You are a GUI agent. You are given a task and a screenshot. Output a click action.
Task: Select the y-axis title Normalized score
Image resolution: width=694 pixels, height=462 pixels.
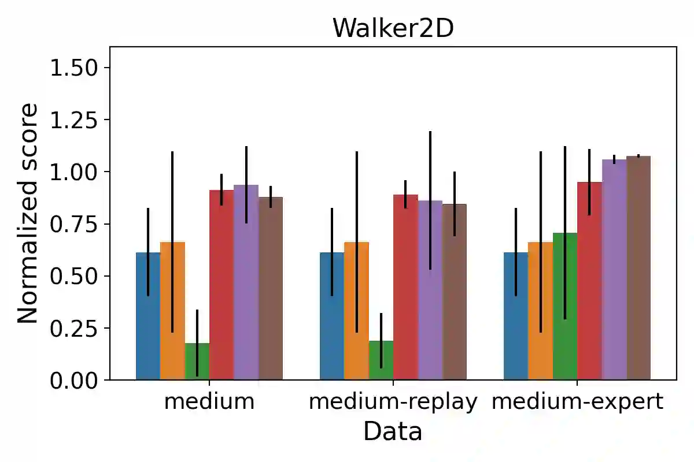[28, 214]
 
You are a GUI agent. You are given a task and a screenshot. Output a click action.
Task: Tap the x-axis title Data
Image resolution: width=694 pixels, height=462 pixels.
[393, 431]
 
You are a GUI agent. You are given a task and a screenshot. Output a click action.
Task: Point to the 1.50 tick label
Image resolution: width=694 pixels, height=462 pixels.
[73, 68]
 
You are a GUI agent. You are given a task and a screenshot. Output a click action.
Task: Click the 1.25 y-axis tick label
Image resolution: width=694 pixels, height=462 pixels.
[73, 120]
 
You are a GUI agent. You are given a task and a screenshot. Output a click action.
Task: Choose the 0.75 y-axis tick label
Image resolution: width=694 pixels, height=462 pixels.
[73, 224]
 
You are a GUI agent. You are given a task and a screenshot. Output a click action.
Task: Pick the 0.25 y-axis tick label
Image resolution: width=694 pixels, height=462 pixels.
[73, 328]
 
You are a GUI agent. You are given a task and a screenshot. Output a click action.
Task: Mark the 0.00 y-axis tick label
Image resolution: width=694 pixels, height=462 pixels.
[73, 380]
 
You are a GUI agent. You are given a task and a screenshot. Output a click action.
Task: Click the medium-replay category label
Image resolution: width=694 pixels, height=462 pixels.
[393, 401]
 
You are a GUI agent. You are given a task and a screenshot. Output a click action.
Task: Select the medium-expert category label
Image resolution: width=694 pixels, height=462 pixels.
[577, 401]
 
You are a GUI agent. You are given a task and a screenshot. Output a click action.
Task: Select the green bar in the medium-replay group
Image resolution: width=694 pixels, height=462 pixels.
[381, 361]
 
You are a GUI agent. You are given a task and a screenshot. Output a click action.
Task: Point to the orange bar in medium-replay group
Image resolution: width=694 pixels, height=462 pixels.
[356, 312]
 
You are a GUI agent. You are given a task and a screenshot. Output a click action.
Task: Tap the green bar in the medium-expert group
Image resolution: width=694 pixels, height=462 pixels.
[565, 306]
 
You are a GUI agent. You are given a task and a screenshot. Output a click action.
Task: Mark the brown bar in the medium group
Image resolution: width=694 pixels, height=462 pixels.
[271, 289]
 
